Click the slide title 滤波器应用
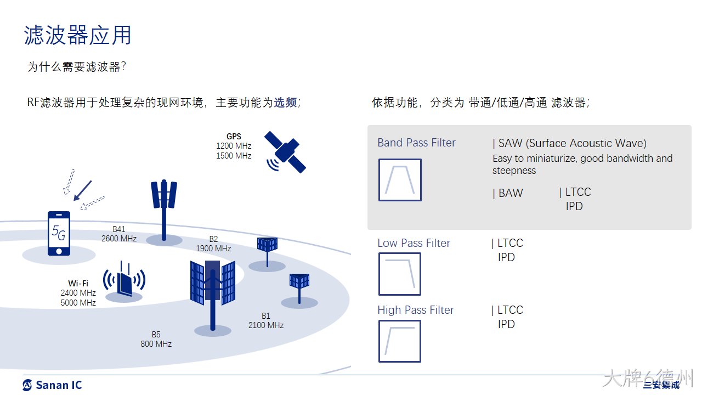tap(77, 35)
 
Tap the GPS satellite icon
tap(285, 152)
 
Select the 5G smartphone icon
tap(59, 233)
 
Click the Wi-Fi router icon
tap(124, 279)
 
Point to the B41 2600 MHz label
tap(119, 234)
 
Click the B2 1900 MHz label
tap(213, 244)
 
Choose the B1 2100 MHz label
tap(266, 320)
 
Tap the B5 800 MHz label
tap(156, 339)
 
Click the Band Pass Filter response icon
tap(400, 179)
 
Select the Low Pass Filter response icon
tap(400, 274)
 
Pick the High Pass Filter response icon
tap(400, 341)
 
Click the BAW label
tap(508, 193)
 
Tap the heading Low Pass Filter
tap(414, 243)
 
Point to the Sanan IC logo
tap(52, 385)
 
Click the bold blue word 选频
tap(285, 102)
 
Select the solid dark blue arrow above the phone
tap(83, 190)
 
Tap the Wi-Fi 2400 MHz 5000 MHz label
tap(78, 293)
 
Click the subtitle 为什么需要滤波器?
tap(77, 66)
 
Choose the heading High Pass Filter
tap(416, 310)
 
